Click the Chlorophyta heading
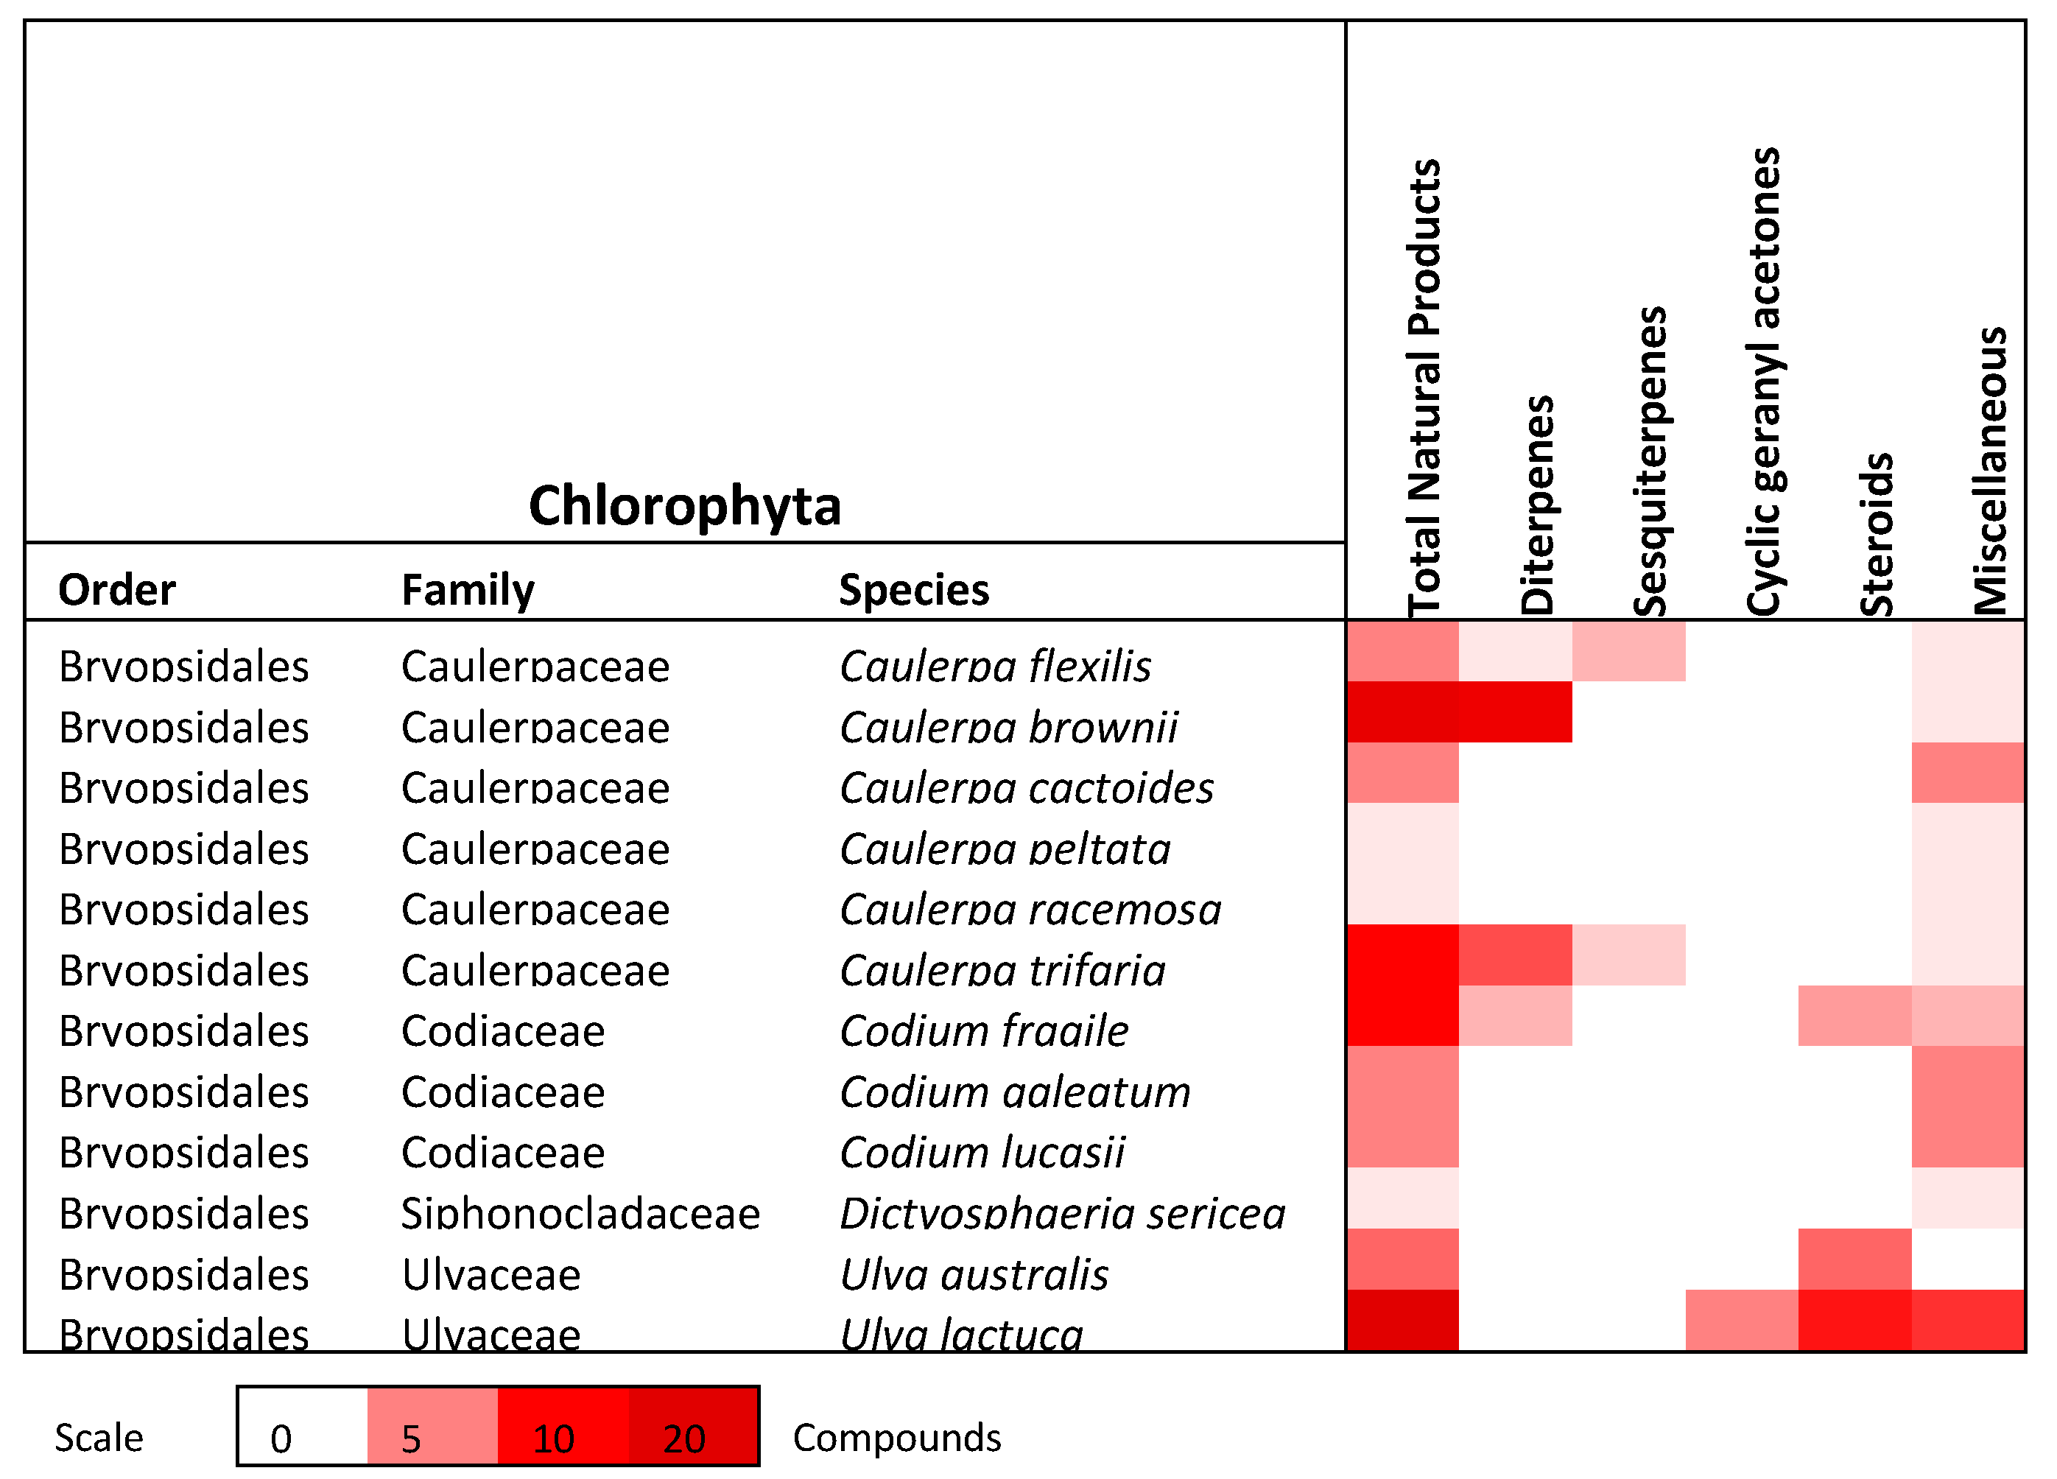click(x=685, y=506)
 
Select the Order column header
click(x=116, y=590)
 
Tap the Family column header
click(x=468, y=590)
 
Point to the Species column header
click(x=913, y=590)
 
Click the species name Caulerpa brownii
click(x=1008, y=727)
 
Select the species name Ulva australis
click(x=974, y=1274)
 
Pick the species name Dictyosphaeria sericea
click(x=1062, y=1213)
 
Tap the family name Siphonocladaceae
click(x=580, y=1213)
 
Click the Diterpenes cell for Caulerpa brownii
click(x=1515, y=712)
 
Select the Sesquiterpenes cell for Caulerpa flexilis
click(x=1628, y=651)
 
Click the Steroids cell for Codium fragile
click(x=1854, y=1016)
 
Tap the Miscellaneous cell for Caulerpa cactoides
click(x=1967, y=773)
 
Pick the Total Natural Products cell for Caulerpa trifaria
click(x=1402, y=955)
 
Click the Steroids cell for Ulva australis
click(x=1854, y=1259)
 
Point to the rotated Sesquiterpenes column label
click(x=1650, y=463)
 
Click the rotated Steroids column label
click(x=1877, y=535)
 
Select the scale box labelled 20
click(x=693, y=1425)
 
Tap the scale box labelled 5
click(x=432, y=1425)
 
